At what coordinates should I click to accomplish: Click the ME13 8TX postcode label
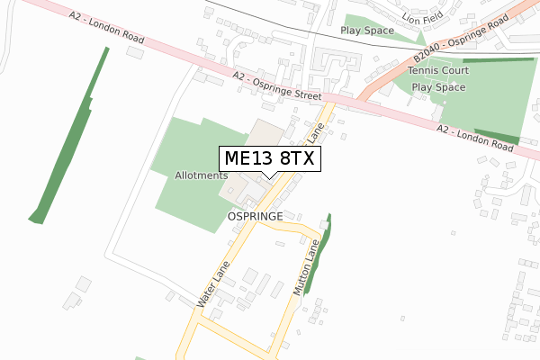(268, 158)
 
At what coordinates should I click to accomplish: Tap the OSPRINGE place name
(256, 217)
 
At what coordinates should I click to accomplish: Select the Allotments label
(201, 175)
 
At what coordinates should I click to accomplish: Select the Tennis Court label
(438, 70)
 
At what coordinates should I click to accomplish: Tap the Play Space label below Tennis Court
(438, 87)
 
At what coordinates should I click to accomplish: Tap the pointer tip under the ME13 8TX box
(268, 177)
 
